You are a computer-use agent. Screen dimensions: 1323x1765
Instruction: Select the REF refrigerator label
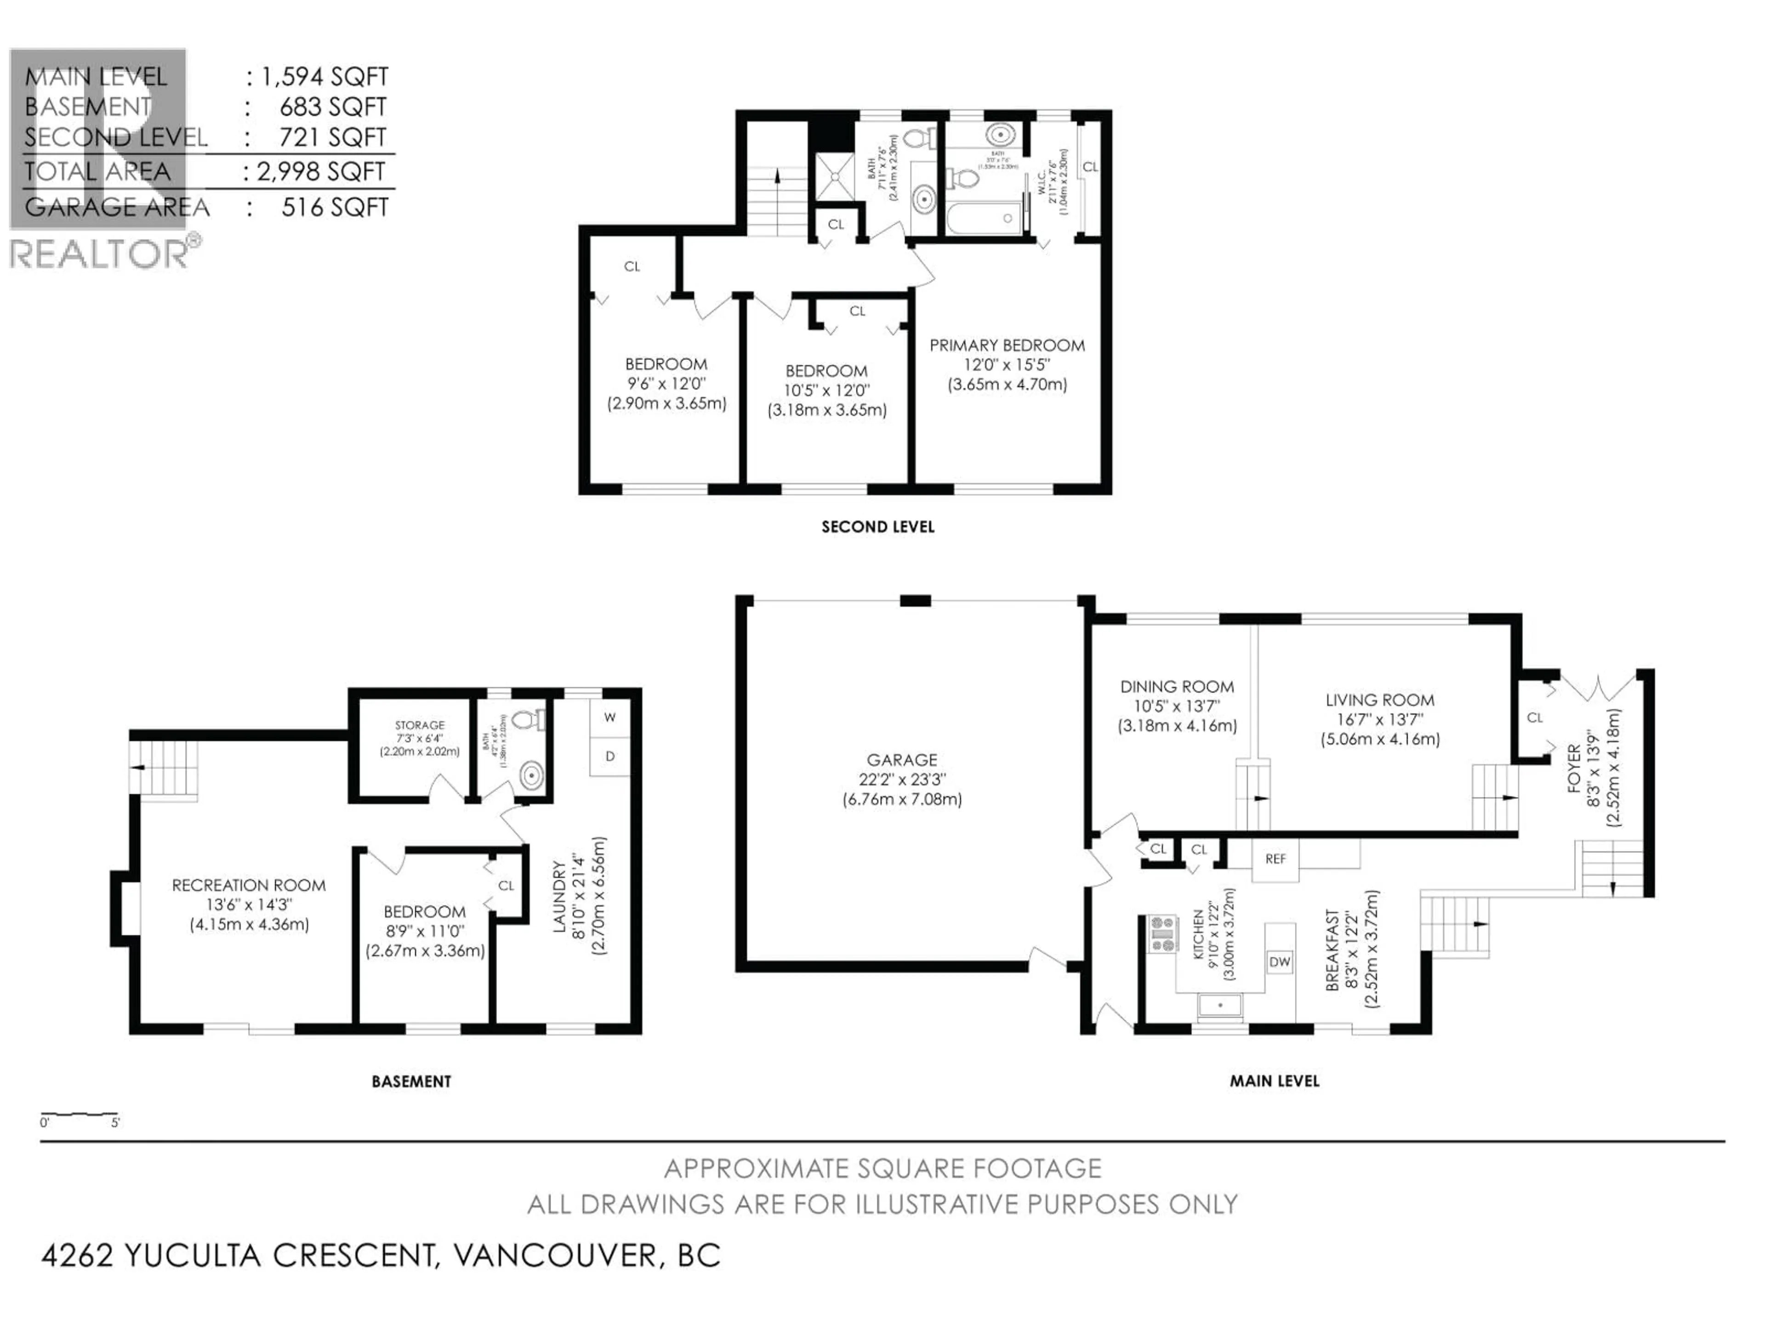[1275, 859]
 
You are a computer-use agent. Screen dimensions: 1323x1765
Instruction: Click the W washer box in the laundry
[609, 718]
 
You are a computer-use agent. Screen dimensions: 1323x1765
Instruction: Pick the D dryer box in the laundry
[609, 756]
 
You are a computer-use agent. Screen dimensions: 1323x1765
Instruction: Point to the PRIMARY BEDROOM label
[1007, 346]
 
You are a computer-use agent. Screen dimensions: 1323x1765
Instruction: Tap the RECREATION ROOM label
[249, 885]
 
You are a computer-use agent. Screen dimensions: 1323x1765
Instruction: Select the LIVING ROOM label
[1380, 700]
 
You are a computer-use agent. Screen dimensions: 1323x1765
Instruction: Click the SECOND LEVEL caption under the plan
[878, 527]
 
